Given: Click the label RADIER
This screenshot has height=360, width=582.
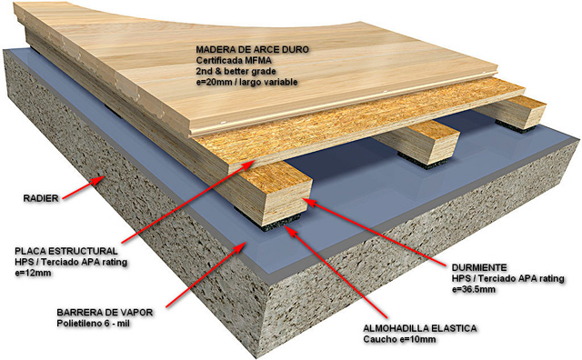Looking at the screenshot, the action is pos(41,198).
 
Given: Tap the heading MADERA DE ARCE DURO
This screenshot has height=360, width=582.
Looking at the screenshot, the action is pos(253,50).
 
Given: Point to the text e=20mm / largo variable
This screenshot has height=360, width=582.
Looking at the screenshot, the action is pos(246,82).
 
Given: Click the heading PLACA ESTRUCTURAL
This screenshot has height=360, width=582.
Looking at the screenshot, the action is pos(66,251).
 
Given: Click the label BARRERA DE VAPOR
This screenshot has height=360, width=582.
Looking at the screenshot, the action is pos(105,312).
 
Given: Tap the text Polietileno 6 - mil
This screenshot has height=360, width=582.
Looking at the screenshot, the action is pos(93,324).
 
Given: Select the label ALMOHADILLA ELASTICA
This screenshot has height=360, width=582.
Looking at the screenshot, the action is pos(420,328).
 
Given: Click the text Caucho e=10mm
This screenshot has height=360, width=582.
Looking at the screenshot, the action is pos(399,339).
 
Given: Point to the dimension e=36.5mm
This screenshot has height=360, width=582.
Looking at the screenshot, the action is pos(473,289).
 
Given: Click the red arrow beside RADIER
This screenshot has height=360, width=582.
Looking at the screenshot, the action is pos(83,187).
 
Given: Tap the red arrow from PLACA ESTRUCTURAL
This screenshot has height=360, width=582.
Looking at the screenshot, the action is pos(188,201).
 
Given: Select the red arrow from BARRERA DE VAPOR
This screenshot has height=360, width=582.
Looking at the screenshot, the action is pos(206,274).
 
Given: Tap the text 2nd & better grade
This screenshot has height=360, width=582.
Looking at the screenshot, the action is pos(236,71).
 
